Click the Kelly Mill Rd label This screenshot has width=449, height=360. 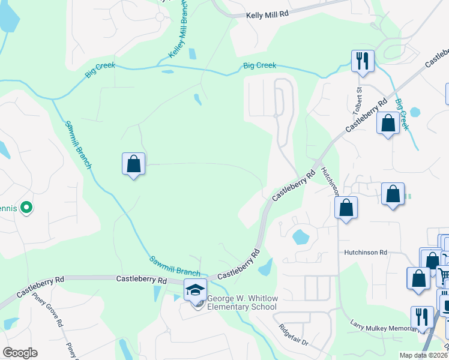click(x=268, y=14)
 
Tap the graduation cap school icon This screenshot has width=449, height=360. click(x=195, y=290)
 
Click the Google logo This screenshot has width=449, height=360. click(x=20, y=353)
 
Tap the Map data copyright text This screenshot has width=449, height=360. click(x=423, y=355)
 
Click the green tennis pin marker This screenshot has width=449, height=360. click(x=26, y=208)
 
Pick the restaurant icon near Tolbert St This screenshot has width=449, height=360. click(x=363, y=61)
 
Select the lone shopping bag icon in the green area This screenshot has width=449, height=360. click(x=133, y=164)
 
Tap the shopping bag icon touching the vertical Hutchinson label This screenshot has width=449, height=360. click(x=346, y=208)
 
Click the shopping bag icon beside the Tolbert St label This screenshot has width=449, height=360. click(x=388, y=124)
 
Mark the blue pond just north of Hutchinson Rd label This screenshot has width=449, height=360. click(x=300, y=237)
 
